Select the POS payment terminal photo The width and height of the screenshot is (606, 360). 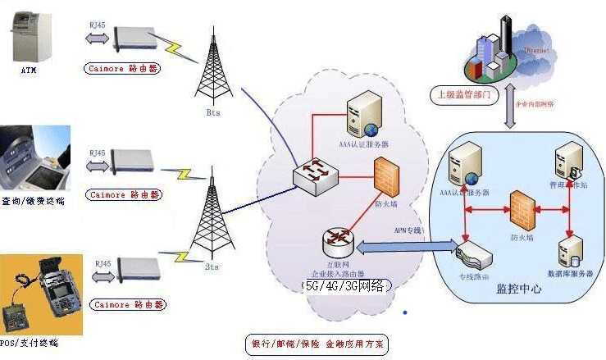point(42,296)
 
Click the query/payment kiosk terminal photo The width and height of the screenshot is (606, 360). point(41,159)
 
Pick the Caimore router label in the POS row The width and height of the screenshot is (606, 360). point(122,305)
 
